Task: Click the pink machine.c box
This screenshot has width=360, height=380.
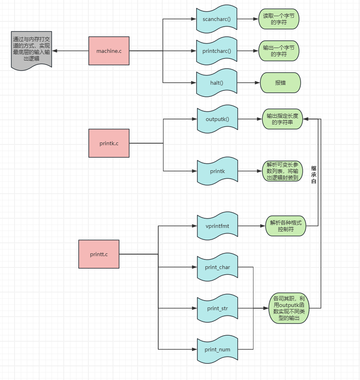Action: (x=109, y=51)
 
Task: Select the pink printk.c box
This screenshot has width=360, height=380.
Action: (x=109, y=143)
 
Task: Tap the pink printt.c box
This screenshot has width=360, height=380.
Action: (x=99, y=254)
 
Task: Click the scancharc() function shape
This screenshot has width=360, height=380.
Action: (x=217, y=19)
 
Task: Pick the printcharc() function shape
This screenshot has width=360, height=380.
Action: (x=217, y=51)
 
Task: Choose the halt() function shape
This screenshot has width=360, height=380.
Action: (x=217, y=83)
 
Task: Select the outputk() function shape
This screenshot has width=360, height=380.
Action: (x=218, y=119)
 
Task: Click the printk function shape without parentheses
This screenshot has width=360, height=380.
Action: (x=218, y=171)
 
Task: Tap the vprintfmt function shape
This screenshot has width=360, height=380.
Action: (x=218, y=226)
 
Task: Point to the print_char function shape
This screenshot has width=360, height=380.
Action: (x=218, y=267)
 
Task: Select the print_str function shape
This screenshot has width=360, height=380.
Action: (x=218, y=309)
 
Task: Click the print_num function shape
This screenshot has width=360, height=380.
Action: (x=218, y=349)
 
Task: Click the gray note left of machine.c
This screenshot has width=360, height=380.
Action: (x=31, y=51)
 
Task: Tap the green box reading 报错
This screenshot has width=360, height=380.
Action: (x=280, y=83)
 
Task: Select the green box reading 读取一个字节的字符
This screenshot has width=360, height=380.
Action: (x=279, y=19)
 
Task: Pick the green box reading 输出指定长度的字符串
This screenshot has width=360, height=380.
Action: (x=283, y=119)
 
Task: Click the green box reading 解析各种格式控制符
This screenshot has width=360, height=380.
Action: (x=286, y=226)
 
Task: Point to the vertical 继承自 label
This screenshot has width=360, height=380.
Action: (x=314, y=175)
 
